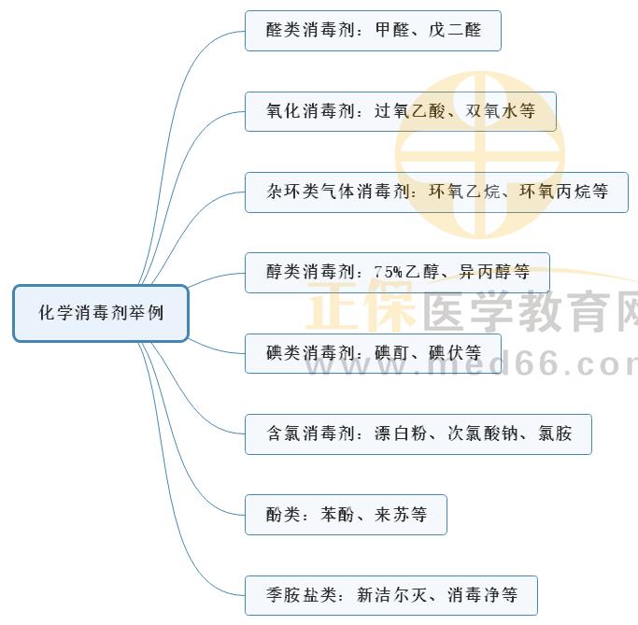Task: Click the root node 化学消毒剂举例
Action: coord(101,313)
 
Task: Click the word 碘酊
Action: coord(392,353)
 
